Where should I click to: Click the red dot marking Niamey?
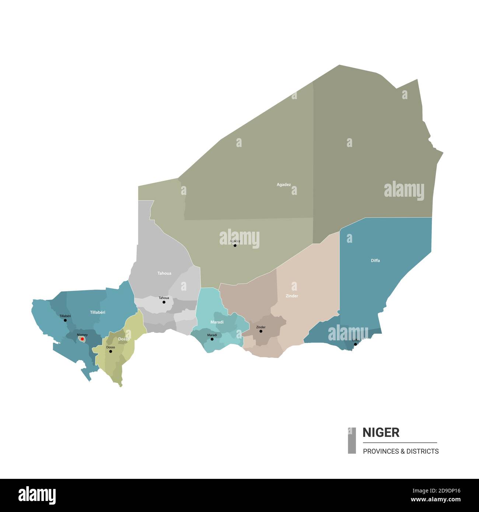pos(83,339)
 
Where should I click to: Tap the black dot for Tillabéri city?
pos(65,320)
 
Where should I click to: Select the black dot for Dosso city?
pos(111,351)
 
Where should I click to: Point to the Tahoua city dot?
pos(164,302)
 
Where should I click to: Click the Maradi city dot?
pos(212,339)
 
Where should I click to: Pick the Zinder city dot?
pos(261,331)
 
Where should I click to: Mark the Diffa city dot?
pos(356,344)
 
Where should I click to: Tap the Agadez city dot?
pos(235,245)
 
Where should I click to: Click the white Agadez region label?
pos(284,185)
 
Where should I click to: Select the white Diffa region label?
pos(375,260)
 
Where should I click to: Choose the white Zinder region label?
pos(292,296)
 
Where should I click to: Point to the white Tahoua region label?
pos(164,273)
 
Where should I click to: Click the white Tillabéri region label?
pos(98,312)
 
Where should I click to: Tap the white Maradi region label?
pos(217,322)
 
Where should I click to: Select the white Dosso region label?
pos(124,339)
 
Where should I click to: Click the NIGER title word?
pos(381,432)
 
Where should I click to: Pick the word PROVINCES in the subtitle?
pos(380,451)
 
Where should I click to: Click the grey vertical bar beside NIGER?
pos(352,440)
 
